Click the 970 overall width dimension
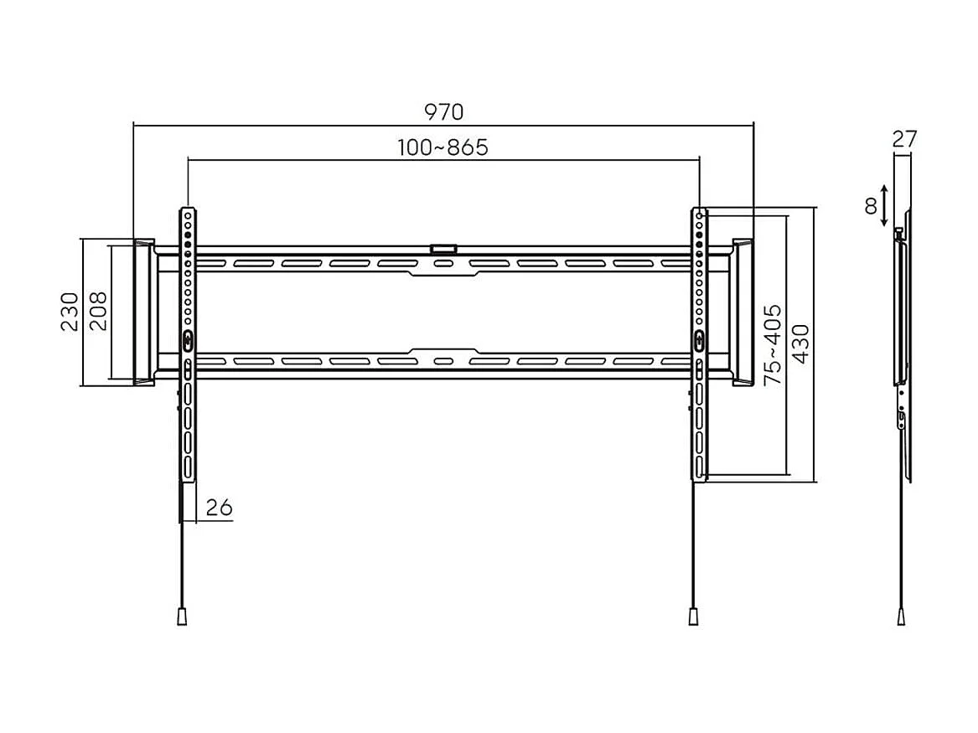tap(443, 111)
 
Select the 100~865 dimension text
tap(443, 147)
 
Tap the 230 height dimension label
tap(70, 312)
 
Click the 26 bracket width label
tap(219, 508)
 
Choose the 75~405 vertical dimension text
tap(772, 344)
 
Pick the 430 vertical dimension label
tap(799, 344)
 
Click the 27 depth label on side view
tap(904, 139)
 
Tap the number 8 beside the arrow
tap(871, 205)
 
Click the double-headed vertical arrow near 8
tap(886, 207)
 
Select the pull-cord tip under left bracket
tap(181, 616)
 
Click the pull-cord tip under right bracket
tap(693, 616)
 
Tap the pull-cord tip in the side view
tap(901, 616)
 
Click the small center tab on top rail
tap(442, 249)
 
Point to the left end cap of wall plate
tap(143, 312)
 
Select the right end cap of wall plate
tap(743, 312)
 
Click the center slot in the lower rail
tap(443, 362)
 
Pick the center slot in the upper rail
tap(443, 265)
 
